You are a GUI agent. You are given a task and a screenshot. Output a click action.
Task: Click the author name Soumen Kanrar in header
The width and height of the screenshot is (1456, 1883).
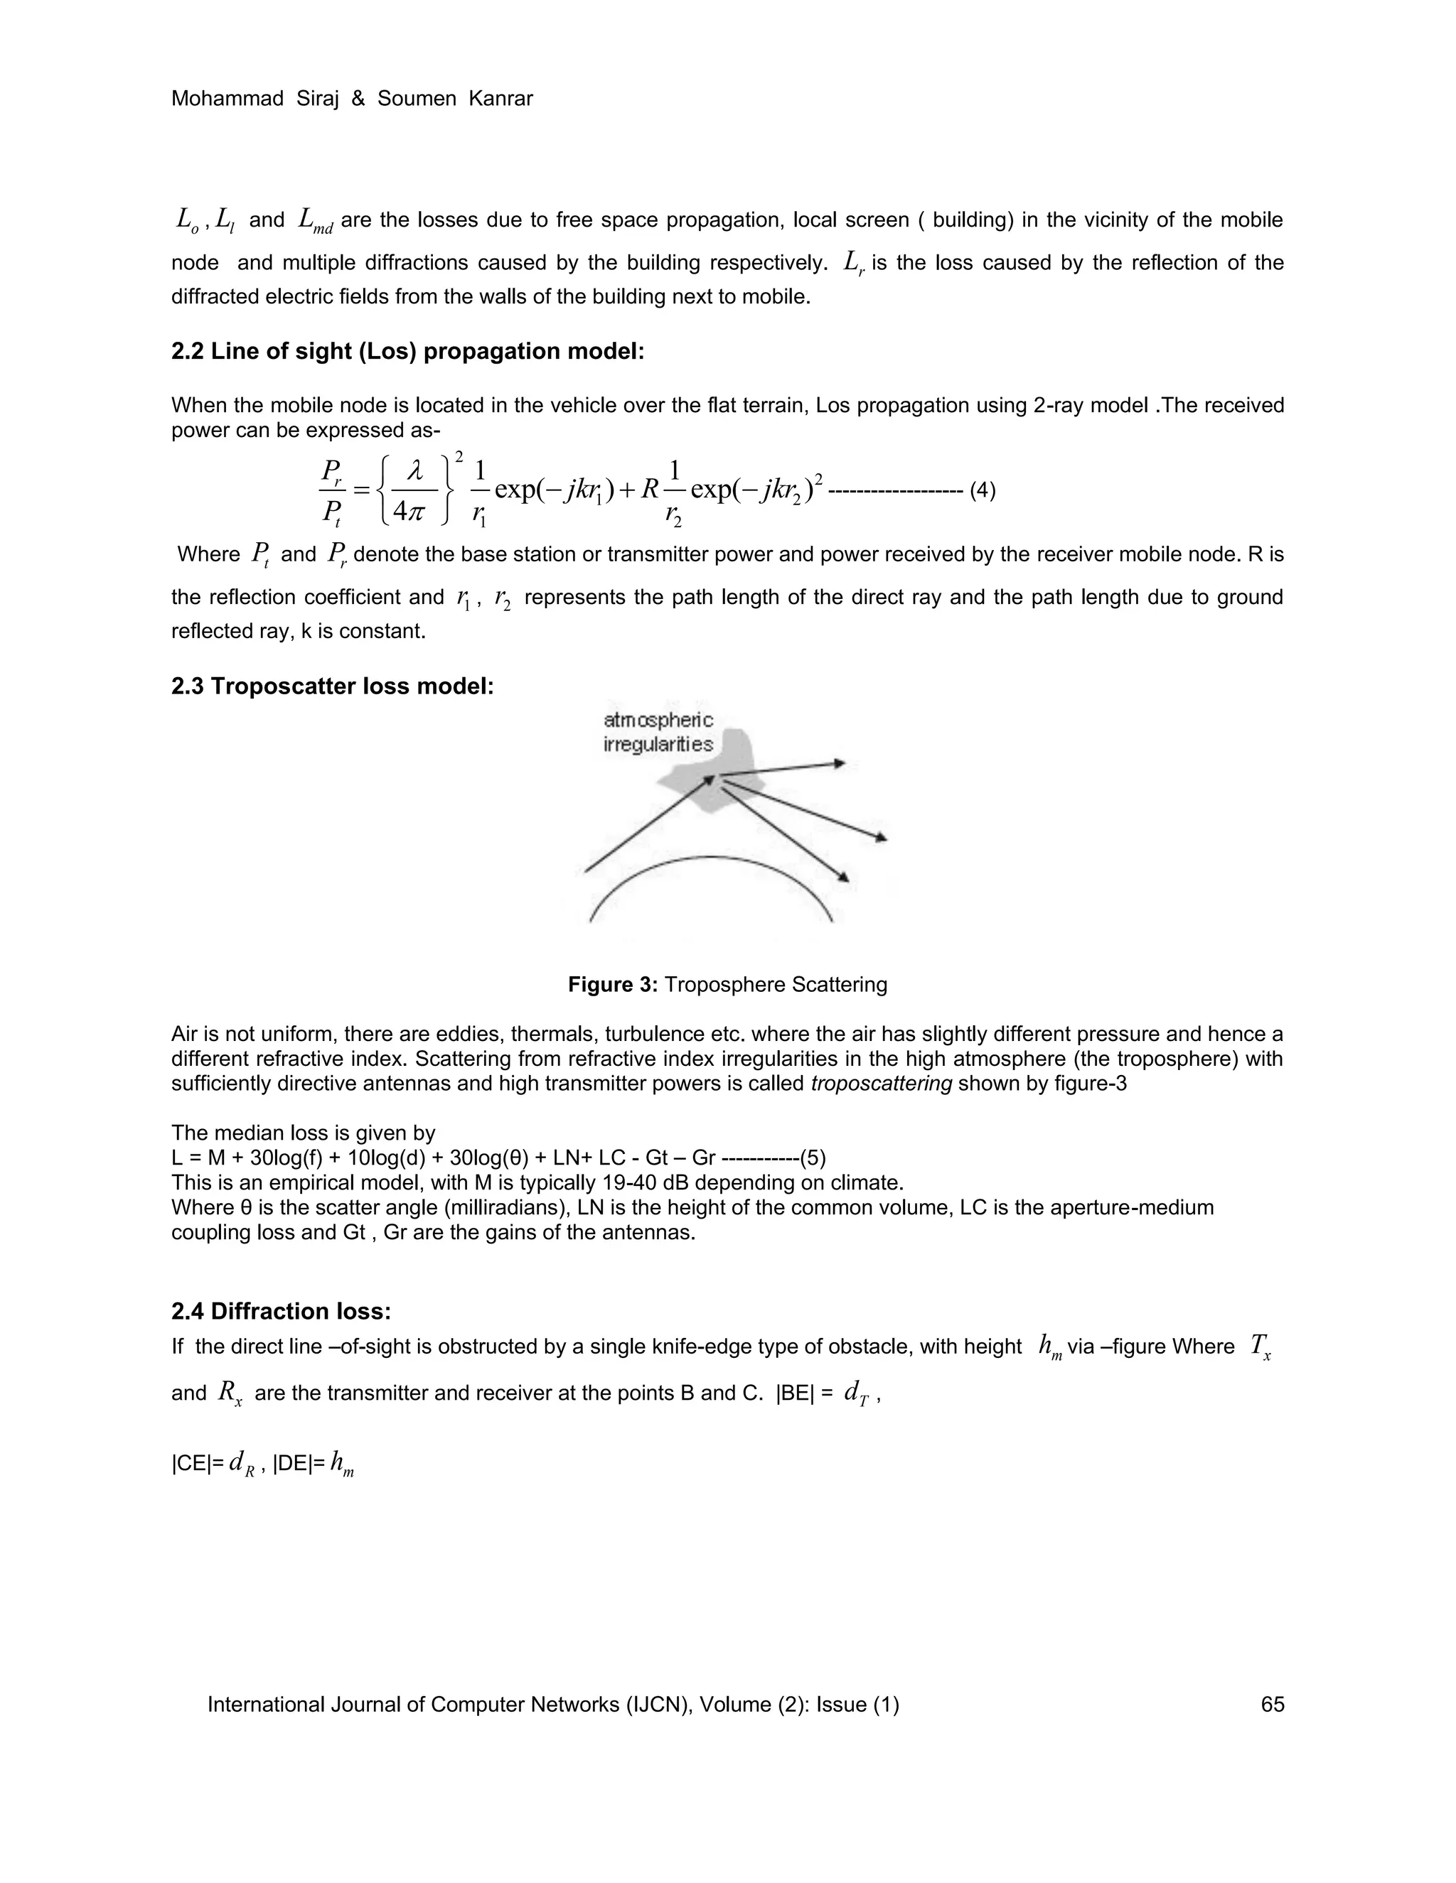coord(456,99)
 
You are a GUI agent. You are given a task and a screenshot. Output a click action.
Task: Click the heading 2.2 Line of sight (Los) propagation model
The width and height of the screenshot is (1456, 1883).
coord(408,352)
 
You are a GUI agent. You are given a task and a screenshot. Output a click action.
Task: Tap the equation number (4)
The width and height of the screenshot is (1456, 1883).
coord(983,492)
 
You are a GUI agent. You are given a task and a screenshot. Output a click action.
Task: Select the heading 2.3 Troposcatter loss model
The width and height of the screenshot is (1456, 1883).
coord(333,686)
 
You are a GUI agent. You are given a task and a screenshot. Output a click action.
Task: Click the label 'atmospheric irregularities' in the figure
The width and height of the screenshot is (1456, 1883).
coord(658,732)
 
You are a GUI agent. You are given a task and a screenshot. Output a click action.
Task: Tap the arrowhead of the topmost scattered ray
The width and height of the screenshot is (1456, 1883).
coord(840,763)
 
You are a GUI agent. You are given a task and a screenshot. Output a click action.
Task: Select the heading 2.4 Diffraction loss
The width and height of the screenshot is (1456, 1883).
coord(282,1312)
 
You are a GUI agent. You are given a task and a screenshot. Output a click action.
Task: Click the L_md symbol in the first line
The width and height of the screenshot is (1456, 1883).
coord(315,222)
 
